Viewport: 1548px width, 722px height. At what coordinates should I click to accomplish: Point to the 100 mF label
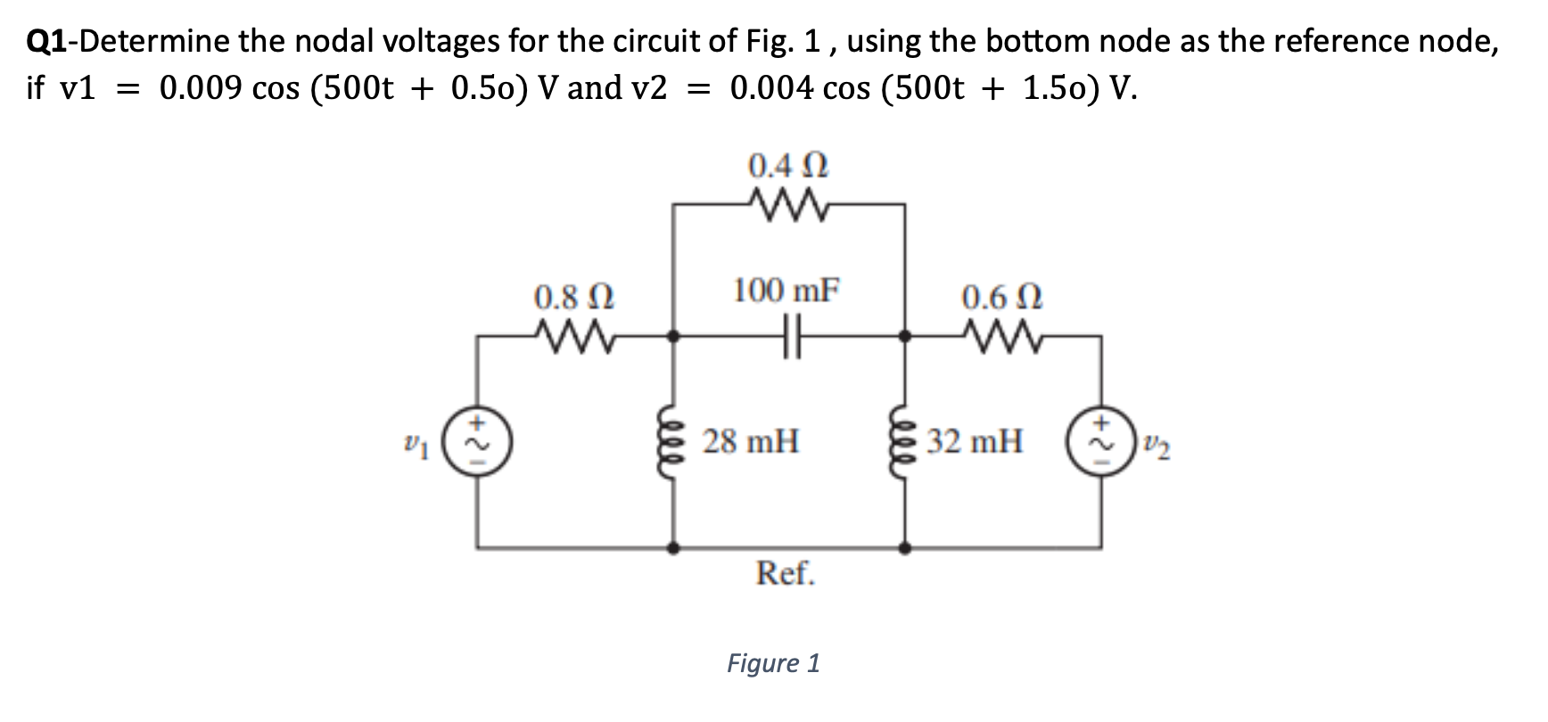pos(786,291)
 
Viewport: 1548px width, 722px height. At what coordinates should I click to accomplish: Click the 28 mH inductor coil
pos(673,440)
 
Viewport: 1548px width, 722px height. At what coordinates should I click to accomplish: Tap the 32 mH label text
pos(975,441)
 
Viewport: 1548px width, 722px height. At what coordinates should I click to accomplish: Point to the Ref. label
pos(785,573)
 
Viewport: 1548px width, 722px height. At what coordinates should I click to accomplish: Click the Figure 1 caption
pos(773,663)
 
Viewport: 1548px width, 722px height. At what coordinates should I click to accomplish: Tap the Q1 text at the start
pos(45,41)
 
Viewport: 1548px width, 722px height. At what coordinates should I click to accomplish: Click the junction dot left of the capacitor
pos(674,337)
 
